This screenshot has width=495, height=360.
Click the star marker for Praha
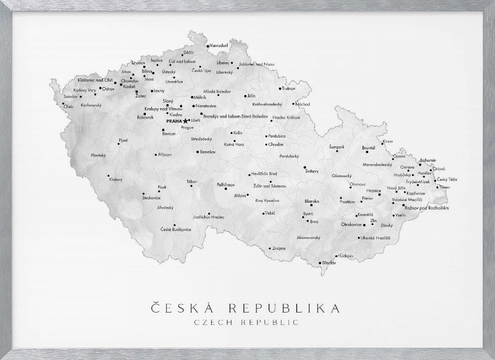pyautogui.click(x=186, y=121)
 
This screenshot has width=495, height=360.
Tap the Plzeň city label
pyautogui.click(x=123, y=141)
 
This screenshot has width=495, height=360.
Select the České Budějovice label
pyautogui.click(x=176, y=229)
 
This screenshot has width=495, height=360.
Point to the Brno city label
pyautogui.click(x=314, y=221)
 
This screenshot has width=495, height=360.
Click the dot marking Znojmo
pyautogui.click(x=270, y=248)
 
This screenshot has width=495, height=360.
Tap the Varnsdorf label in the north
pyautogui.click(x=218, y=45)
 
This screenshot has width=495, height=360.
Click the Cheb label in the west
pyautogui.click(x=68, y=106)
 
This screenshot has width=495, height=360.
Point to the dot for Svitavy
pyautogui.click(x=304, y=167)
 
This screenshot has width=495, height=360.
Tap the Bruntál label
pyautogui.click(x=369, y=148)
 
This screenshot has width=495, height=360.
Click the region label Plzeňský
pyautogui.click(x=99, y=155)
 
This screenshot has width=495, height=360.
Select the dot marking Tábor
pyautogui.click(x=191, y=187)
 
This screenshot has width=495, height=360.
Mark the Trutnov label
pyautogui.click(x=289, y=89)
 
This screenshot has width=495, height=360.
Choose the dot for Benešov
pyautogui.click(x=197, y=152)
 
